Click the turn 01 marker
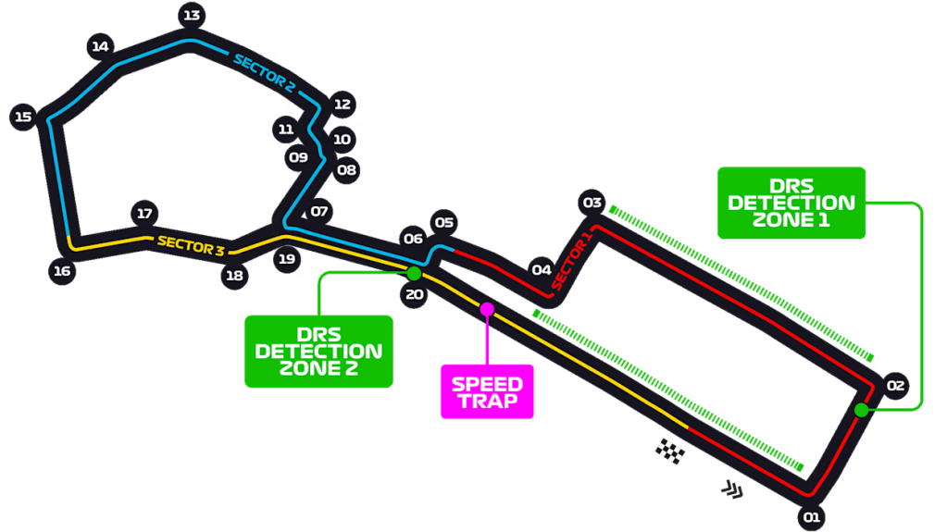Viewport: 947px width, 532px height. [811, 517]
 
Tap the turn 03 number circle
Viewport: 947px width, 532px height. [592, 203]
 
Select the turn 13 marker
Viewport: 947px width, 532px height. [192, 15]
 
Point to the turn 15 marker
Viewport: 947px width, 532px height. [23, 117]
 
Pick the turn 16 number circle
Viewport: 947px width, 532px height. [62, 271]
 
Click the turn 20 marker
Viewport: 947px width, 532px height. [414, 295]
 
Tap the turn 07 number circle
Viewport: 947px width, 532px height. [319, 211]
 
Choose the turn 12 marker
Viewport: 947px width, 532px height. [343, 105]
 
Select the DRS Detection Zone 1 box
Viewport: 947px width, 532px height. [791, 203]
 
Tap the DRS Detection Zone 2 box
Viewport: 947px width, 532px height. [318, 351]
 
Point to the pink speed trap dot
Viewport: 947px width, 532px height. [486, 307]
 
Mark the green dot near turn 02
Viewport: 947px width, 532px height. [862, 410]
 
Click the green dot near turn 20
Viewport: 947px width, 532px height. [414, 273]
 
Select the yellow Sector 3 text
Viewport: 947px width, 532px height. [191, 244]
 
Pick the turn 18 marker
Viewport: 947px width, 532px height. [235, 275]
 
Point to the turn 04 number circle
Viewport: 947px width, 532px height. [542, 270]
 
